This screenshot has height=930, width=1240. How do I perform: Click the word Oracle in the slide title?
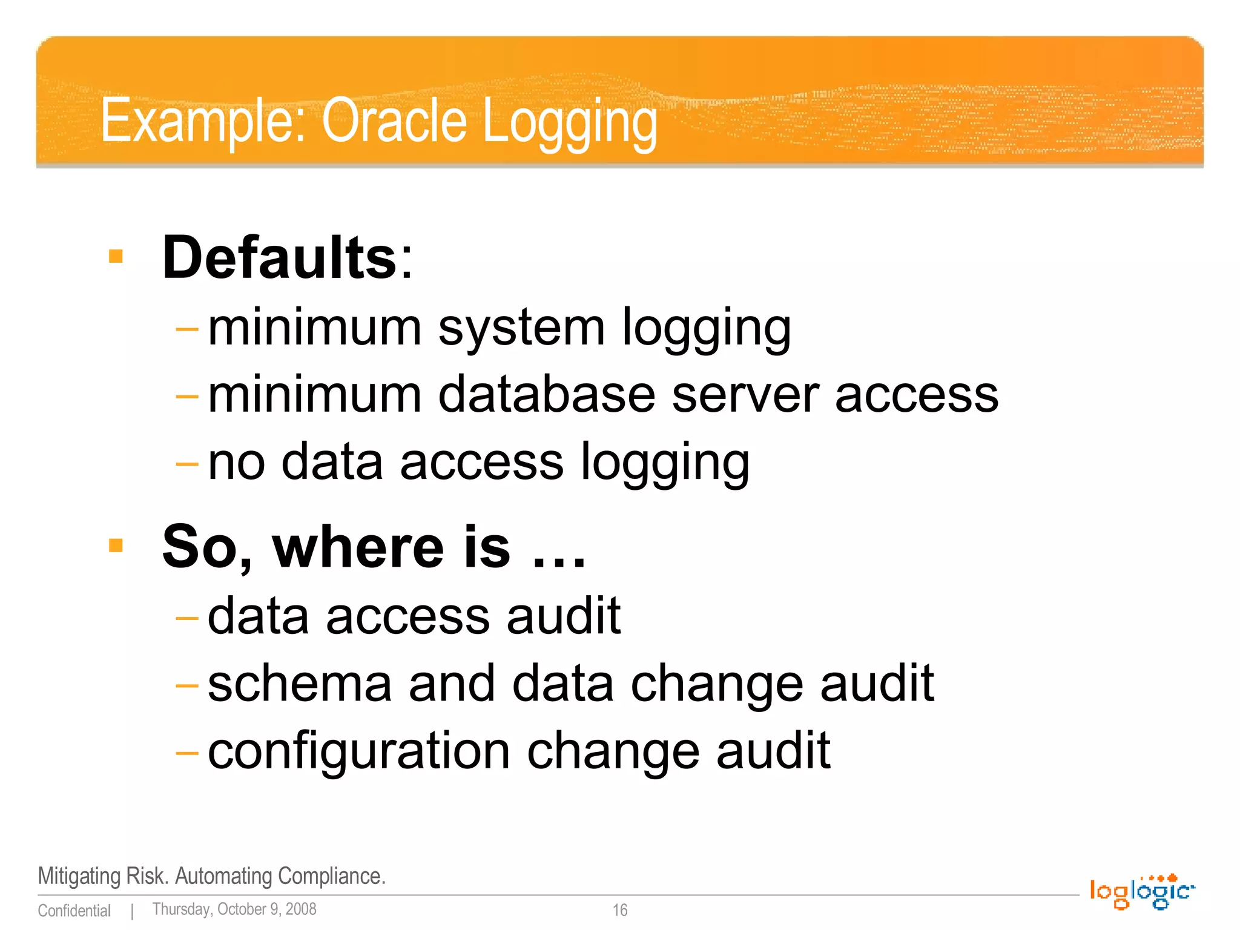(394, 121)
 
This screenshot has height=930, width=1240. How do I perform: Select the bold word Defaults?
(279, 258)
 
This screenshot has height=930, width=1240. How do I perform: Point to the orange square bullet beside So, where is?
(116, 546)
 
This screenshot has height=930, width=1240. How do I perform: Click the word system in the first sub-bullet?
(521, 329)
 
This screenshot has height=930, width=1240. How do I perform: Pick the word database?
(547, 395)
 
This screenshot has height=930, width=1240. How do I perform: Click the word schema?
(300, 684)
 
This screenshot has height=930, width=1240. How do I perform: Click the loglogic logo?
(1142, 891)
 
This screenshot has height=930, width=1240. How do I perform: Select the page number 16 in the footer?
(620, 910)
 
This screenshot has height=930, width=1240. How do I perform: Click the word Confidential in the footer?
(74, 911)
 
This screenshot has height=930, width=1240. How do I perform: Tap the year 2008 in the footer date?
(301, 909)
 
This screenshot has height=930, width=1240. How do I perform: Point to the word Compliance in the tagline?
(331, 876)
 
